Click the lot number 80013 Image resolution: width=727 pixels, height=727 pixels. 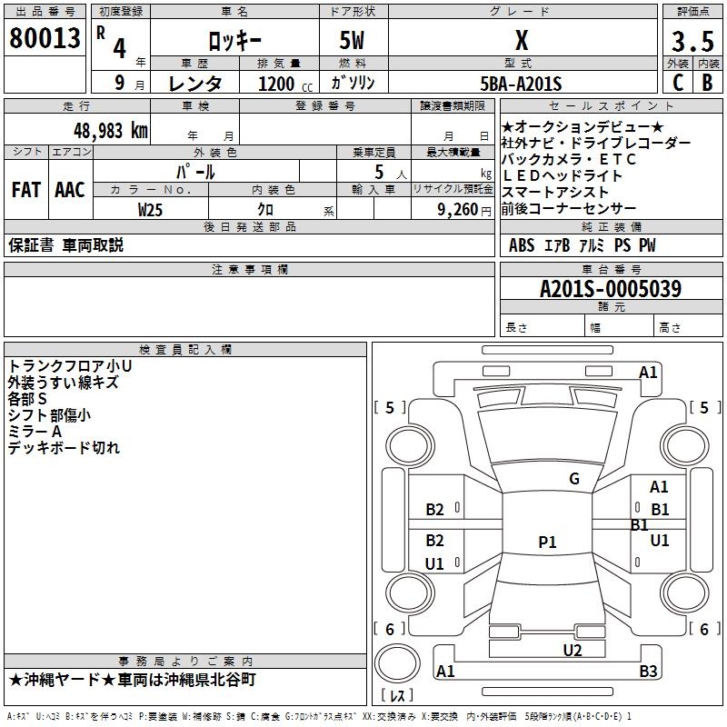[45, 38]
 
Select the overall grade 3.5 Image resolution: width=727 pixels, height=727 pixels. [692, 41]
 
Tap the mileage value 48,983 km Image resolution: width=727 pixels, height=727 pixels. [110, 131]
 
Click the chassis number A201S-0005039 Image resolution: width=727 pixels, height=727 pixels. [611, 288]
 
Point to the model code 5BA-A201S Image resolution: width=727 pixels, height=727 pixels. [521, 84]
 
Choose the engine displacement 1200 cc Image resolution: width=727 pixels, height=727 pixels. [285, 84]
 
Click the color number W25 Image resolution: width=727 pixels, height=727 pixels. [150, 210]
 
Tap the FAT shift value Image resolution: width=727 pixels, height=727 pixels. [26, 190]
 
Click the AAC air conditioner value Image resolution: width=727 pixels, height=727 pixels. [70, 190]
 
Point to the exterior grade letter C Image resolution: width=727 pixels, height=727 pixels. [678, 83]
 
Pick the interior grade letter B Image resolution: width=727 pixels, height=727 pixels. [708, 83]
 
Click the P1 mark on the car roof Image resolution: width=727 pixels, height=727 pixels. [547, 542]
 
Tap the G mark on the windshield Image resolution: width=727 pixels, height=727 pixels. [574, 478]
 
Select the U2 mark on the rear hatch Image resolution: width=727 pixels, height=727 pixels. [573, 650]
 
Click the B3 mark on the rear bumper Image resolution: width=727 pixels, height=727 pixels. [648, 671]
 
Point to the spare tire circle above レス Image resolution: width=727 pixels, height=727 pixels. [397, 663]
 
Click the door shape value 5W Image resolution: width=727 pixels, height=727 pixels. [353, 40]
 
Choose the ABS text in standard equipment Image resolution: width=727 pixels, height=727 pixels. [522, 245]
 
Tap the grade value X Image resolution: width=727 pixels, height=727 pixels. [522, 40]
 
